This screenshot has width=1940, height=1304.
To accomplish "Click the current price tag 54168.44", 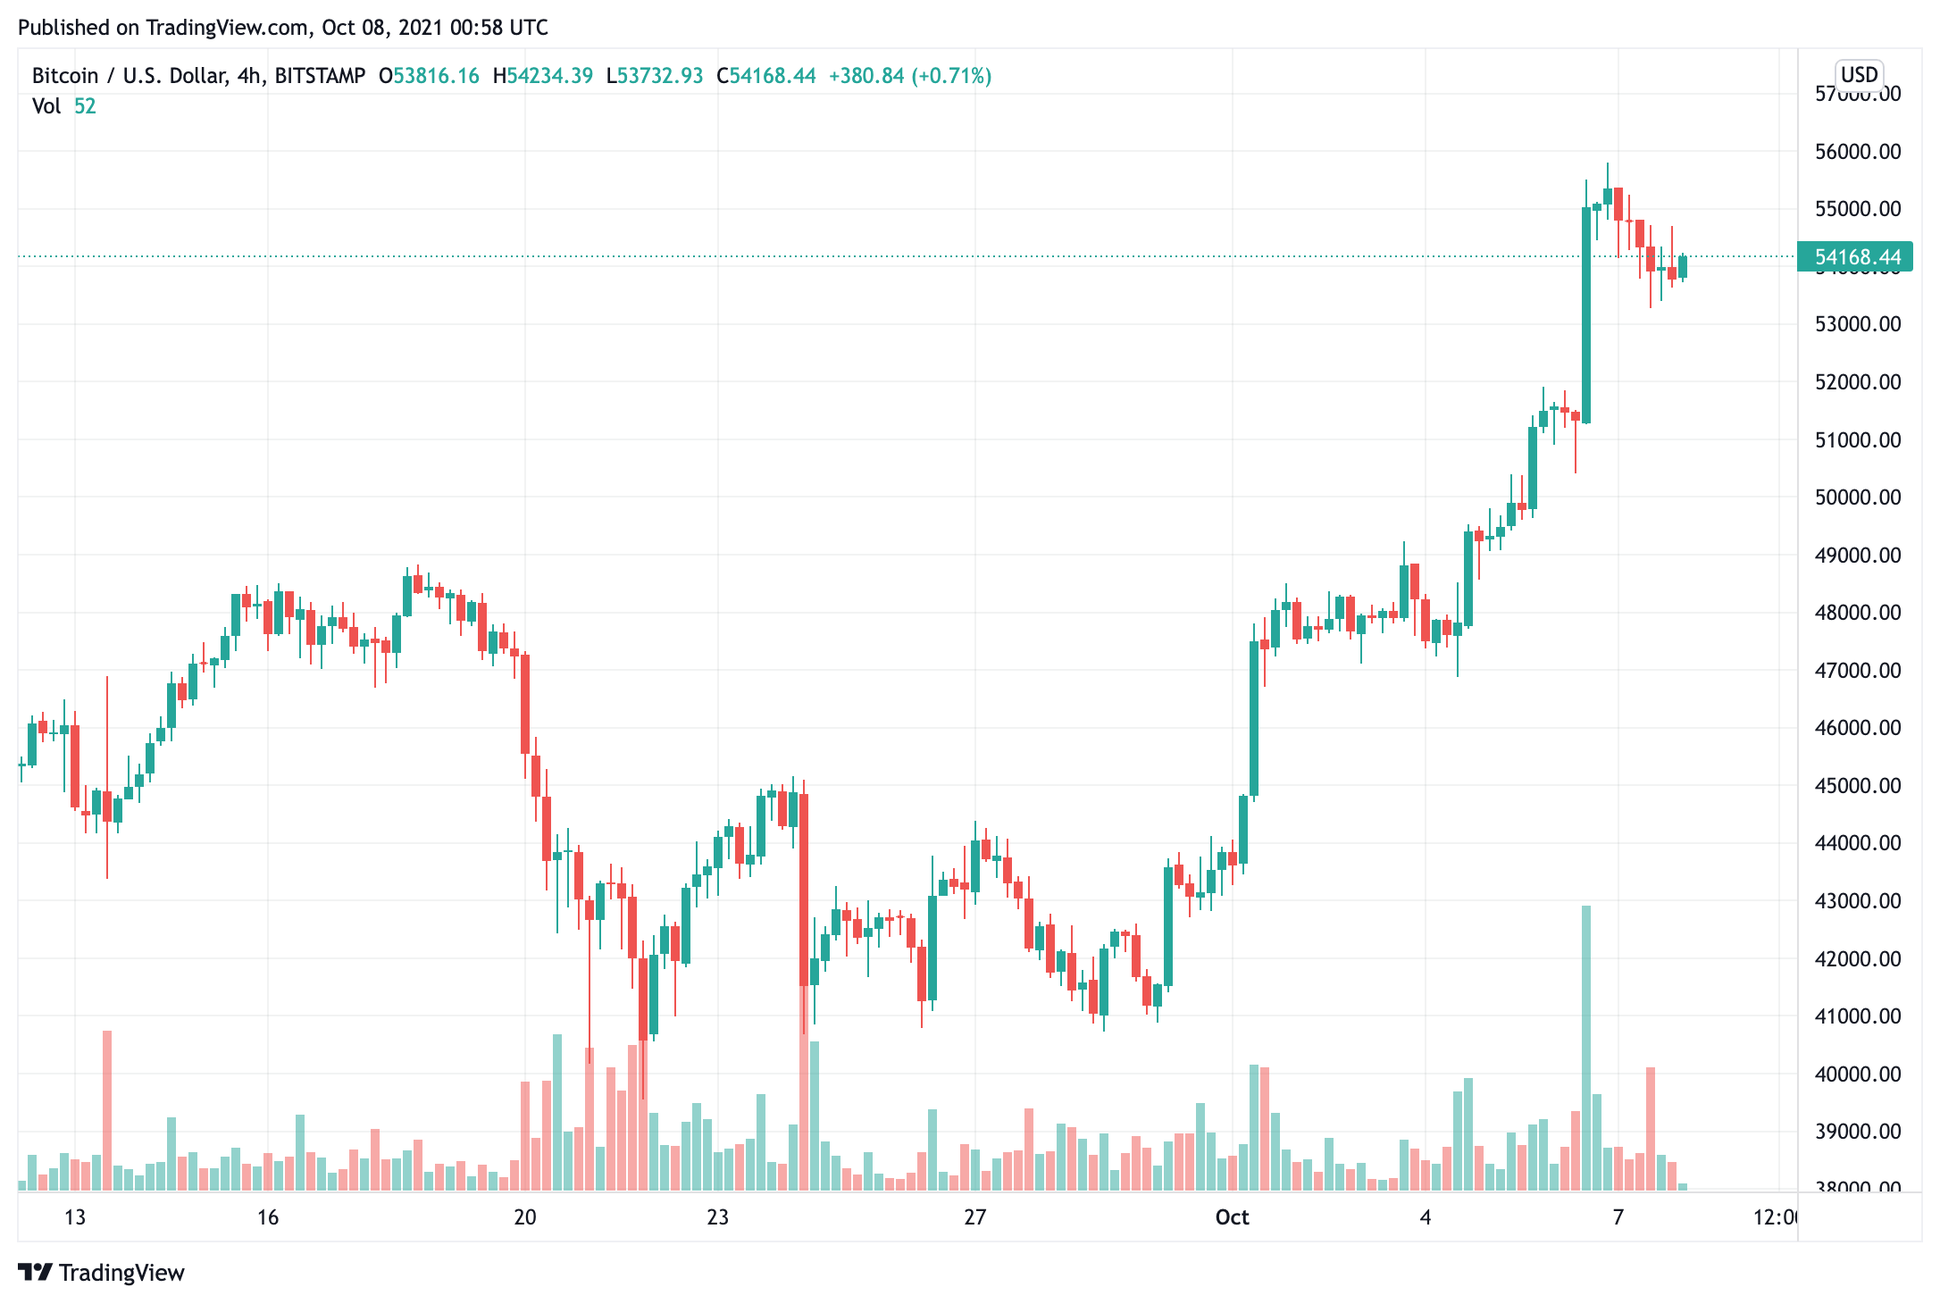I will point(1856,257).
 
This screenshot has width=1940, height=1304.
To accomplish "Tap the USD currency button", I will point(1859,74).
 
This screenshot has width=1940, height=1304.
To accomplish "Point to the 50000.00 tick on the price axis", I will point(1858,497).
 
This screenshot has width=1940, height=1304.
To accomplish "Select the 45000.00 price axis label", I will point(1858,786).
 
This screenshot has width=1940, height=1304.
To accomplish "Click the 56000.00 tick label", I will point(1858,152).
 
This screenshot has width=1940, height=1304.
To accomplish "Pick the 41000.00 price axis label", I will point(1858,1016).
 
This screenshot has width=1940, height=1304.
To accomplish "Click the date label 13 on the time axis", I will point(75,1217).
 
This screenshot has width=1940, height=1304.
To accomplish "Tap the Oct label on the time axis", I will point(1233,1217).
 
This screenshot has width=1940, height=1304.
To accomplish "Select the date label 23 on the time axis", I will point(718,1217).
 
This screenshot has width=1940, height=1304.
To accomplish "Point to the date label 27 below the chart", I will point(975,1217).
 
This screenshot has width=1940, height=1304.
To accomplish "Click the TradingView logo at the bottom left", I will point(101,1273).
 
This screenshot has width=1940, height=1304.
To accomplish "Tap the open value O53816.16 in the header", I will point(430,76).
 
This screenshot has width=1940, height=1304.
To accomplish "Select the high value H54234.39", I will point(543,76).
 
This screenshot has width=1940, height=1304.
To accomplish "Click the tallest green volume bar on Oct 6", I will point(1586,1045).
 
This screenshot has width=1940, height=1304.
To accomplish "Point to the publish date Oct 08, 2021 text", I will point(382,28).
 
